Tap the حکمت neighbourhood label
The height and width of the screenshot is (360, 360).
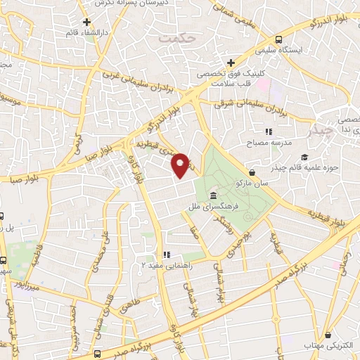(175, 39)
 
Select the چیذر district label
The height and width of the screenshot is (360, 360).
(323, 130)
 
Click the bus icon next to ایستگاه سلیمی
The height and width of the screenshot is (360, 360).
(280, 39)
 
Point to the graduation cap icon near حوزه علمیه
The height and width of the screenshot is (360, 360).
(304, 157)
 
